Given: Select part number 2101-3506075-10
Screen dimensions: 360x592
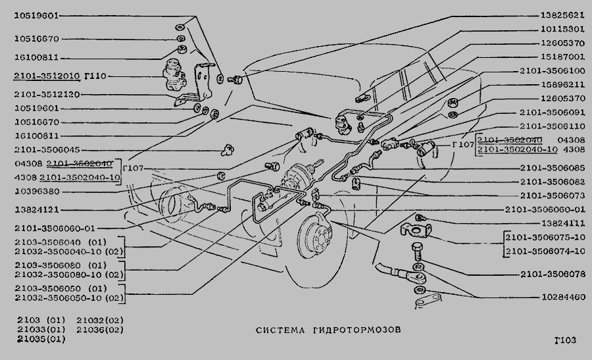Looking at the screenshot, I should pyautogui.click(x=545, y=238).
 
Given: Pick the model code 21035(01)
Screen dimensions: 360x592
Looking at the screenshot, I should pyautogui.click(x=41, y=339).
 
